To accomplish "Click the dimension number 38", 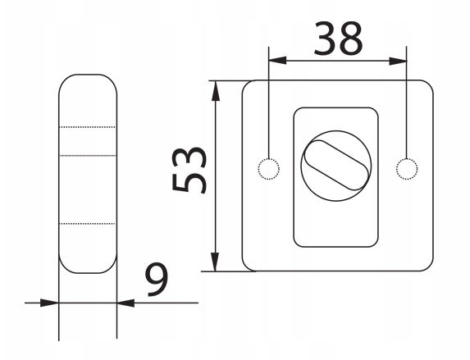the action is (338, 39).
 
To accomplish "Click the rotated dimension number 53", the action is (189, 170).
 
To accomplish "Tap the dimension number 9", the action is (157, 280).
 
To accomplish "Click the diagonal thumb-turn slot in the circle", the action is (335, 165).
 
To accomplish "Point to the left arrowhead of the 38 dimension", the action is (277, 61).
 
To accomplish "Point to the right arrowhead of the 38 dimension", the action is (398, 62).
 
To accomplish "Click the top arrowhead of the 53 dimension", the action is (215, 90).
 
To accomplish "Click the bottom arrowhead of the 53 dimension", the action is (215, 262).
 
